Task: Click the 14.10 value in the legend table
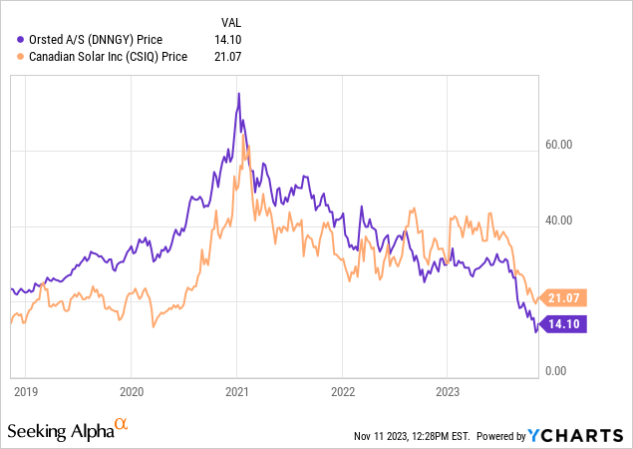pyautogui.click(x=228, y=40)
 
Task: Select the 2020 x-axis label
pyautogui.click(x=133, y=391)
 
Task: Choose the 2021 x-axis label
pyautogui.click(x=237, y=391)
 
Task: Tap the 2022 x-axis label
pyautogui.click(x=343, y=391)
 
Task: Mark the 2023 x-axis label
pyautogui.click(x=448, y=391)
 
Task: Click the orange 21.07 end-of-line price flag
pyautogui.click(x=567, y=297)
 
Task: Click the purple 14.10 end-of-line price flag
pyautogui.click(x=567, y=323)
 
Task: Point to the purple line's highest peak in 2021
pyautogui.click(x=238, y=94)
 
